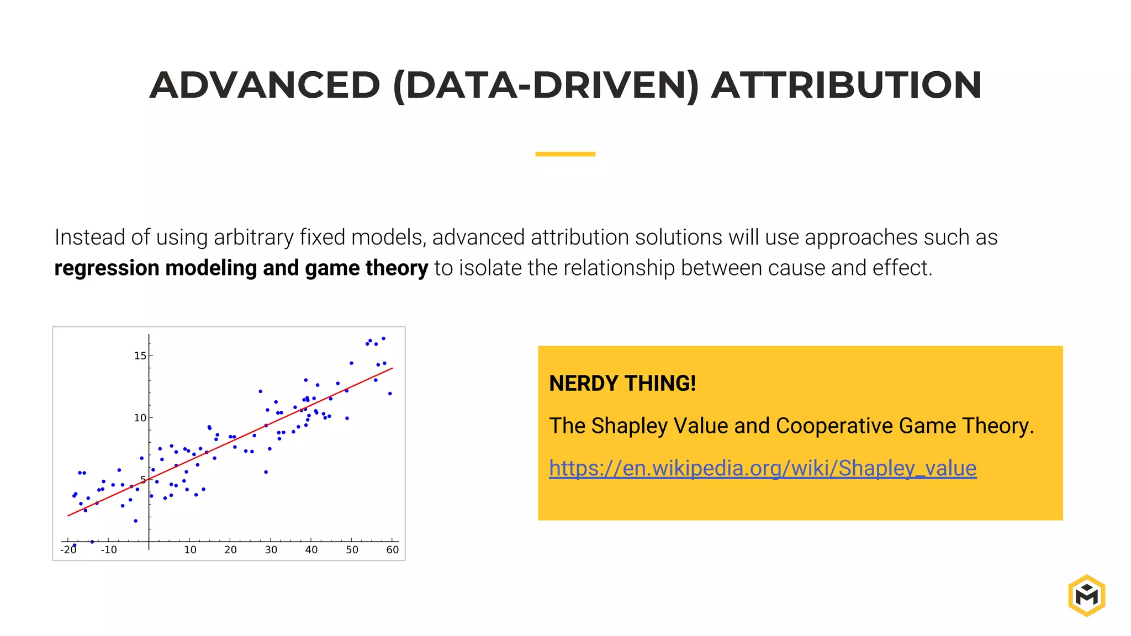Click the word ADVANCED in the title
(265, 86)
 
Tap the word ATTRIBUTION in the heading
(846, 86)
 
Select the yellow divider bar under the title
(565, 154)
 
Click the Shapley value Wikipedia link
(762, 468)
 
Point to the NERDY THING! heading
(622, 383)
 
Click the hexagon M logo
(1086, 595)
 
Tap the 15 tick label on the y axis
(140, 356)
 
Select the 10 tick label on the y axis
(140, 418)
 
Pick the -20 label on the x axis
(68, 550)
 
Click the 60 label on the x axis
(392, 550)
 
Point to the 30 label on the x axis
(271, 550)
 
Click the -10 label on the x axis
(108, 550)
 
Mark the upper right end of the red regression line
(392, 368)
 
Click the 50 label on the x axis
(352, 550)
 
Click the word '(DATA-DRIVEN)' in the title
(546, 86)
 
